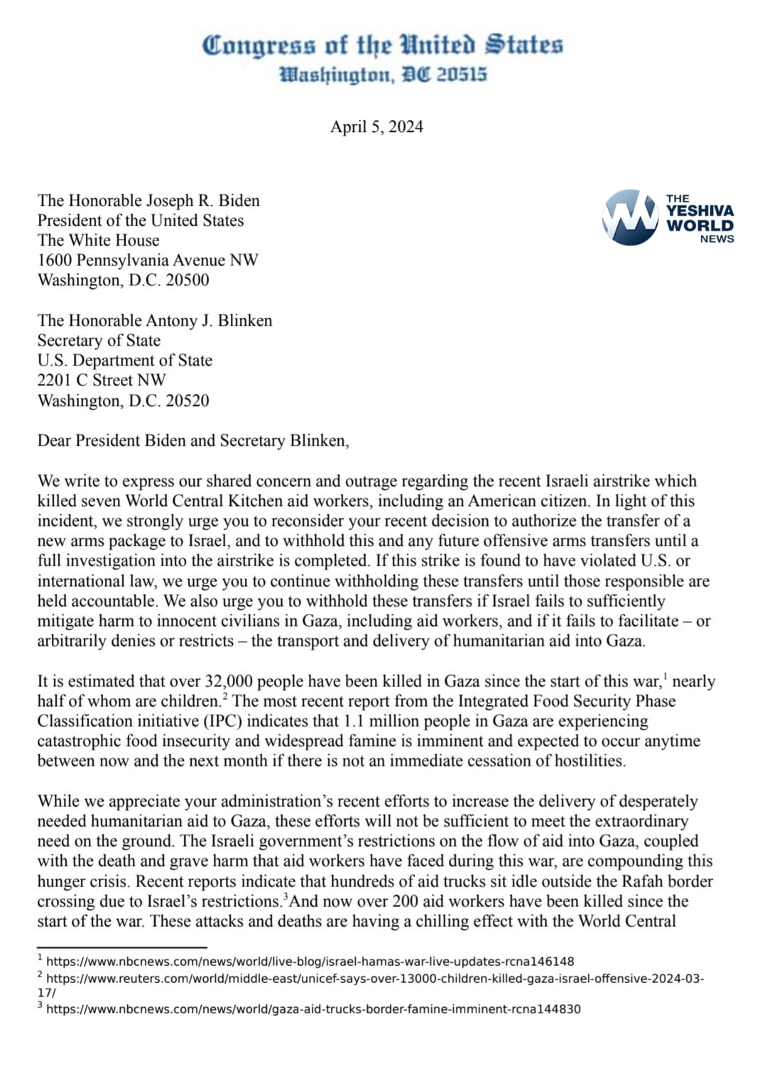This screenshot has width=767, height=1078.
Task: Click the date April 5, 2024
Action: point(376,127)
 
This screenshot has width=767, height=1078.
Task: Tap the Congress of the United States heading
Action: point(382,45)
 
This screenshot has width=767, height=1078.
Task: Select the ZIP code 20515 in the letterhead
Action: point(462,75)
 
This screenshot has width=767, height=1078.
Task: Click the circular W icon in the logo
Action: point(630,217)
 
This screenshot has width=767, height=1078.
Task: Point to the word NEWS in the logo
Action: point(717,239)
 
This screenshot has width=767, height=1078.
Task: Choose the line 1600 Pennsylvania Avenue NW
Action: point(148,260)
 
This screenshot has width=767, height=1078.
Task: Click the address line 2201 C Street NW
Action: point(102,380)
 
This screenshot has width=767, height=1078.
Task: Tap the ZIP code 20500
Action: point(187,280)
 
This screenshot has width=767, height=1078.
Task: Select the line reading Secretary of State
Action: point(99,341)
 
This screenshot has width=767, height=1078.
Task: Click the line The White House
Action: point(98,241)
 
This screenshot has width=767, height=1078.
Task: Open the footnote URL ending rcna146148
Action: point(310,962)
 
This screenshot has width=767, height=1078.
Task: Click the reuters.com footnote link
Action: point(374,979)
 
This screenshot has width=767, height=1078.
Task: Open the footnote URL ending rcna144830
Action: point(313,1009)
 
